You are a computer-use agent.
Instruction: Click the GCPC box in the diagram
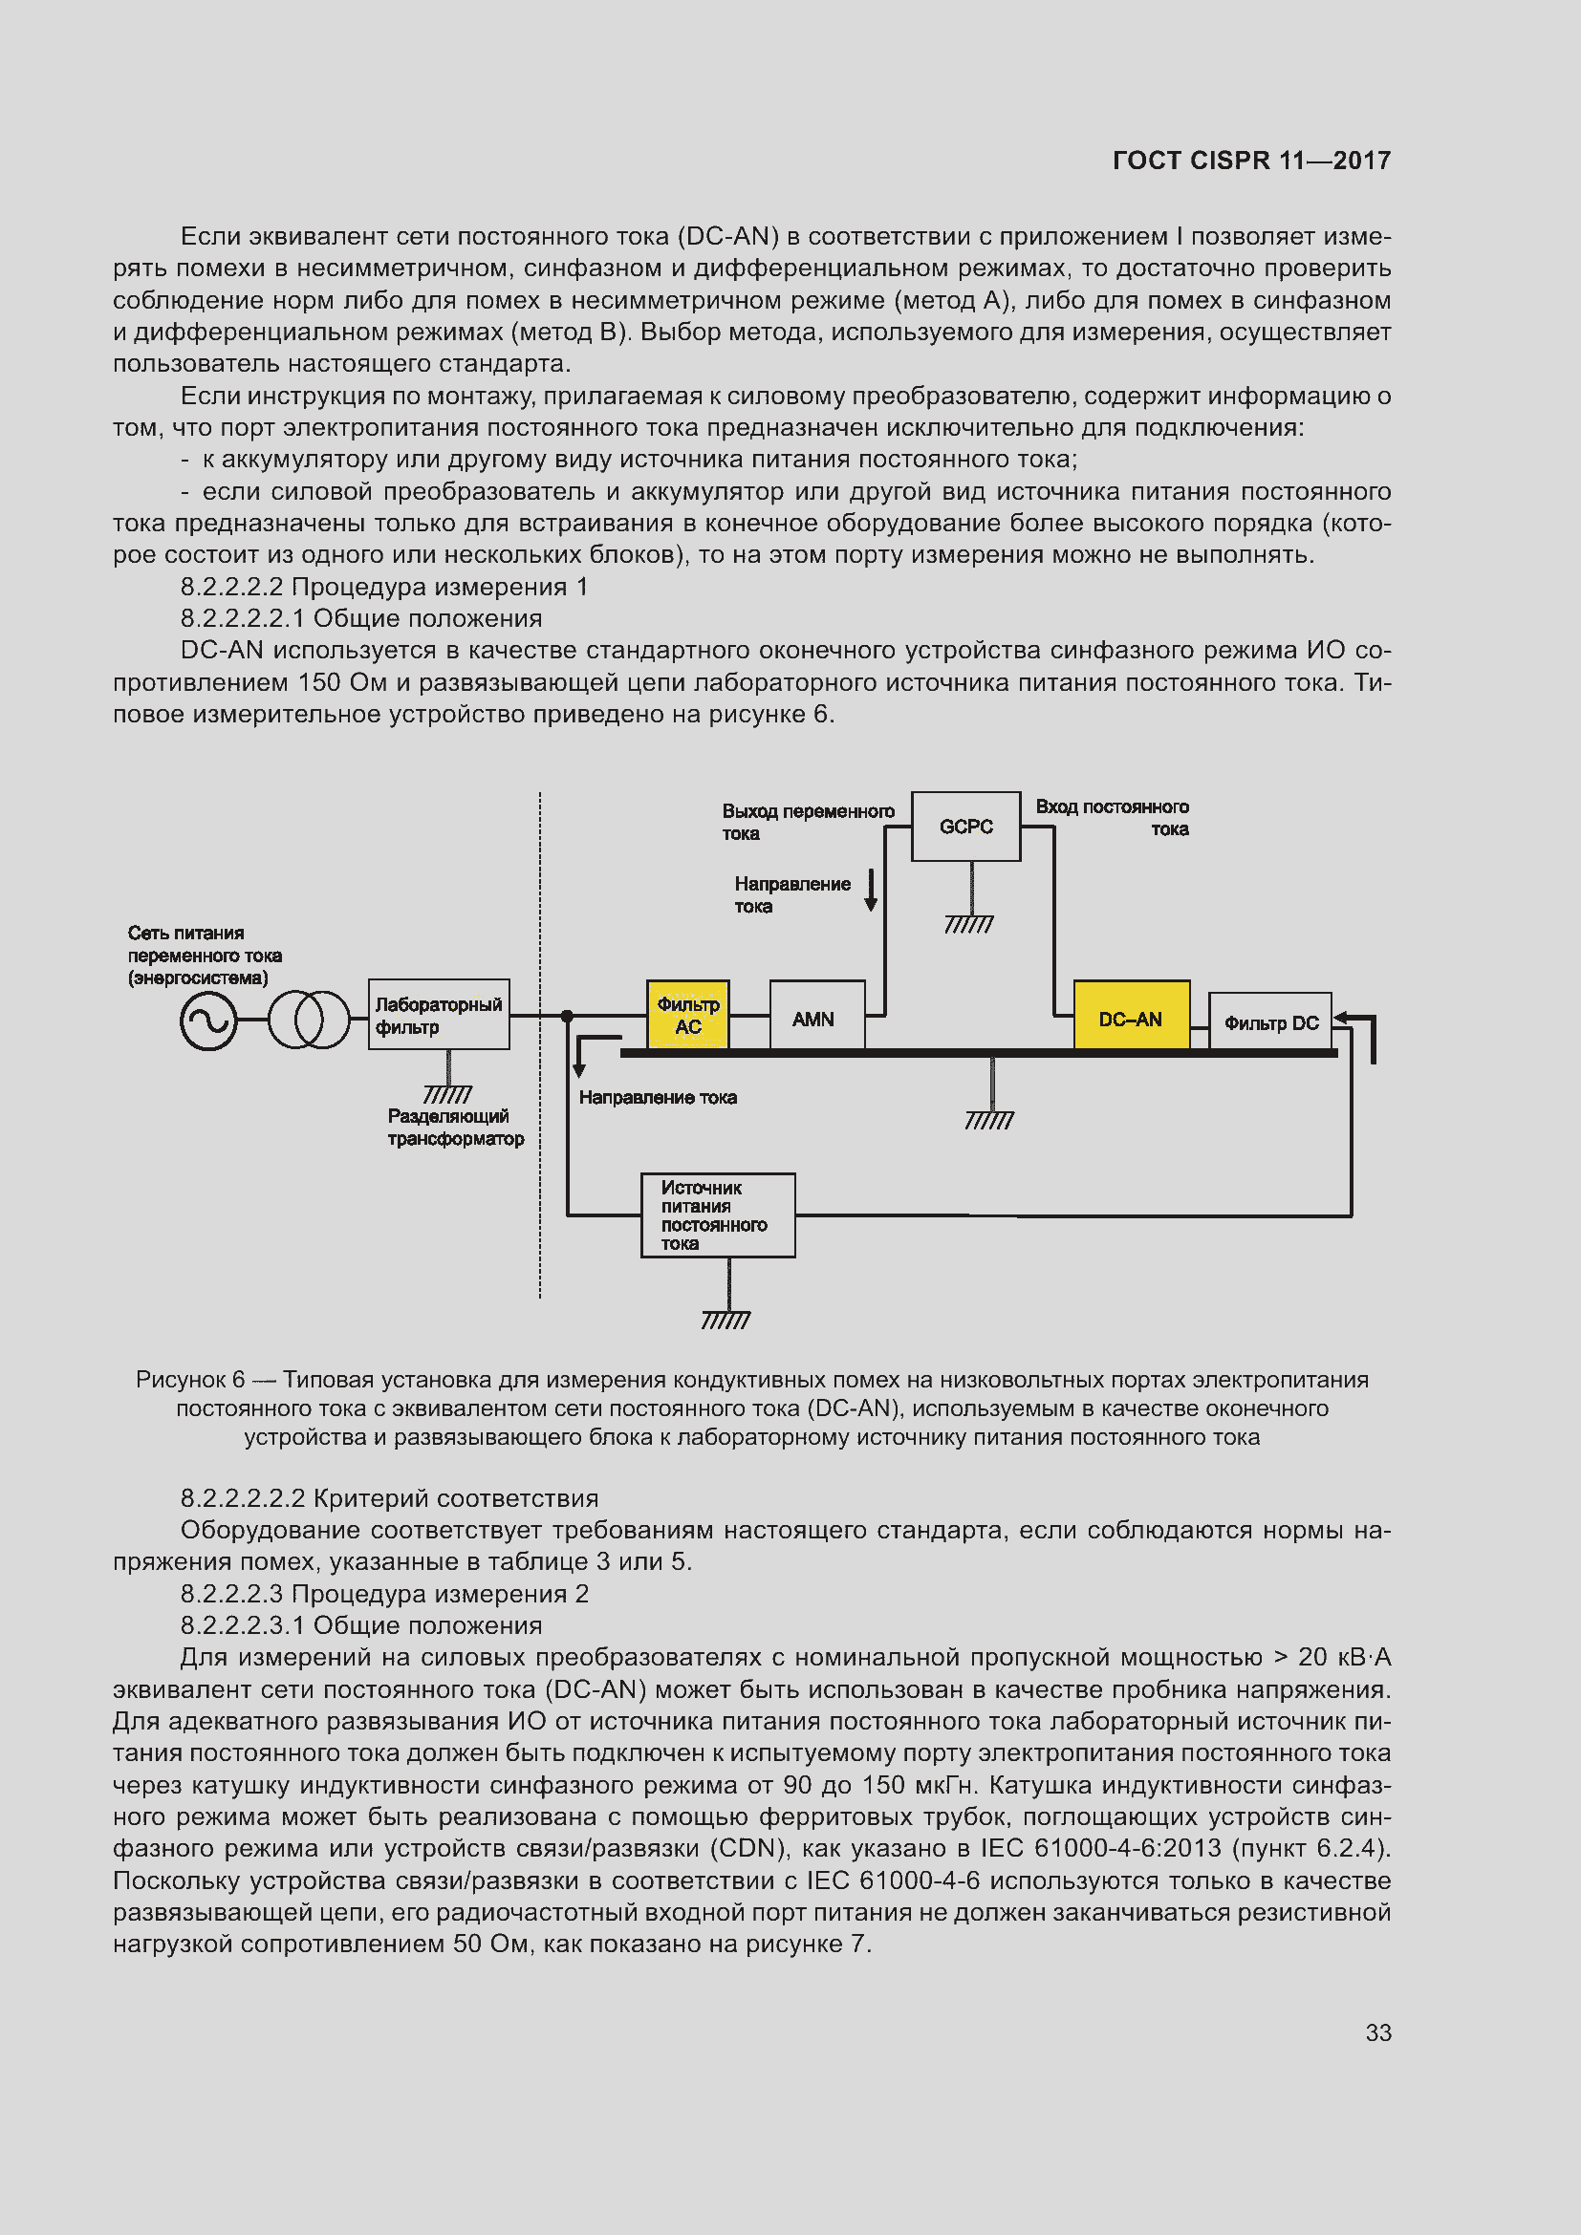point(965,827)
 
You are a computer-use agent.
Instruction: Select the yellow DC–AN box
point(1131,1018)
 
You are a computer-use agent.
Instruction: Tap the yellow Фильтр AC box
point(688,1015)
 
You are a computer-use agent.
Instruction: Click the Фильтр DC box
point(1269,1021)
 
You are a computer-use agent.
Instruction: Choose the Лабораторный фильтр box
point(439,1015)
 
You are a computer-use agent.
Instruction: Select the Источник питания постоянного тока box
point(718,1214)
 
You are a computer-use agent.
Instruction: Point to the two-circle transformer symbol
point(309,1020)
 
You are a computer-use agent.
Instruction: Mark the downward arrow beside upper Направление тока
point(872,889)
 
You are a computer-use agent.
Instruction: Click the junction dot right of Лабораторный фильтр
point(568,1017)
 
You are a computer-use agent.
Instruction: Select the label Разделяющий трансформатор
point(456,1128)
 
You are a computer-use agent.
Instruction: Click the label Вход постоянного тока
point(1112,818)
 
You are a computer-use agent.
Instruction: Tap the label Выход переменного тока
point(807,822)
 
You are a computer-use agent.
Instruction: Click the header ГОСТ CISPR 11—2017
point(1251,161)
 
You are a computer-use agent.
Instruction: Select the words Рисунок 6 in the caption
point(190,1380)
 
